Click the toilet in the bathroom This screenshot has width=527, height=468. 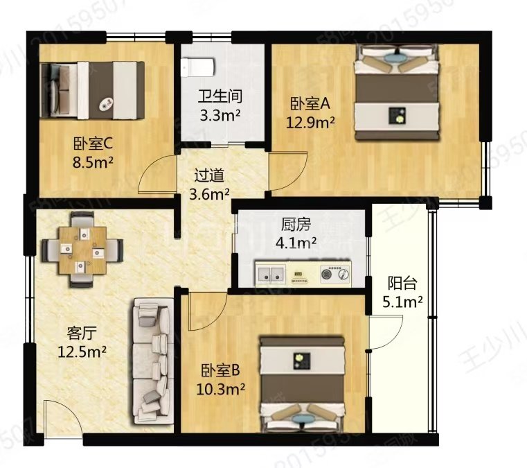198,67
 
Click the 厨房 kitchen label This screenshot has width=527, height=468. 296,225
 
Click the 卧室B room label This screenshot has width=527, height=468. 221,370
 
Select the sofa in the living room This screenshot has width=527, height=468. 151,360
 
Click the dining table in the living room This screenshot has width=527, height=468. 82,248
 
